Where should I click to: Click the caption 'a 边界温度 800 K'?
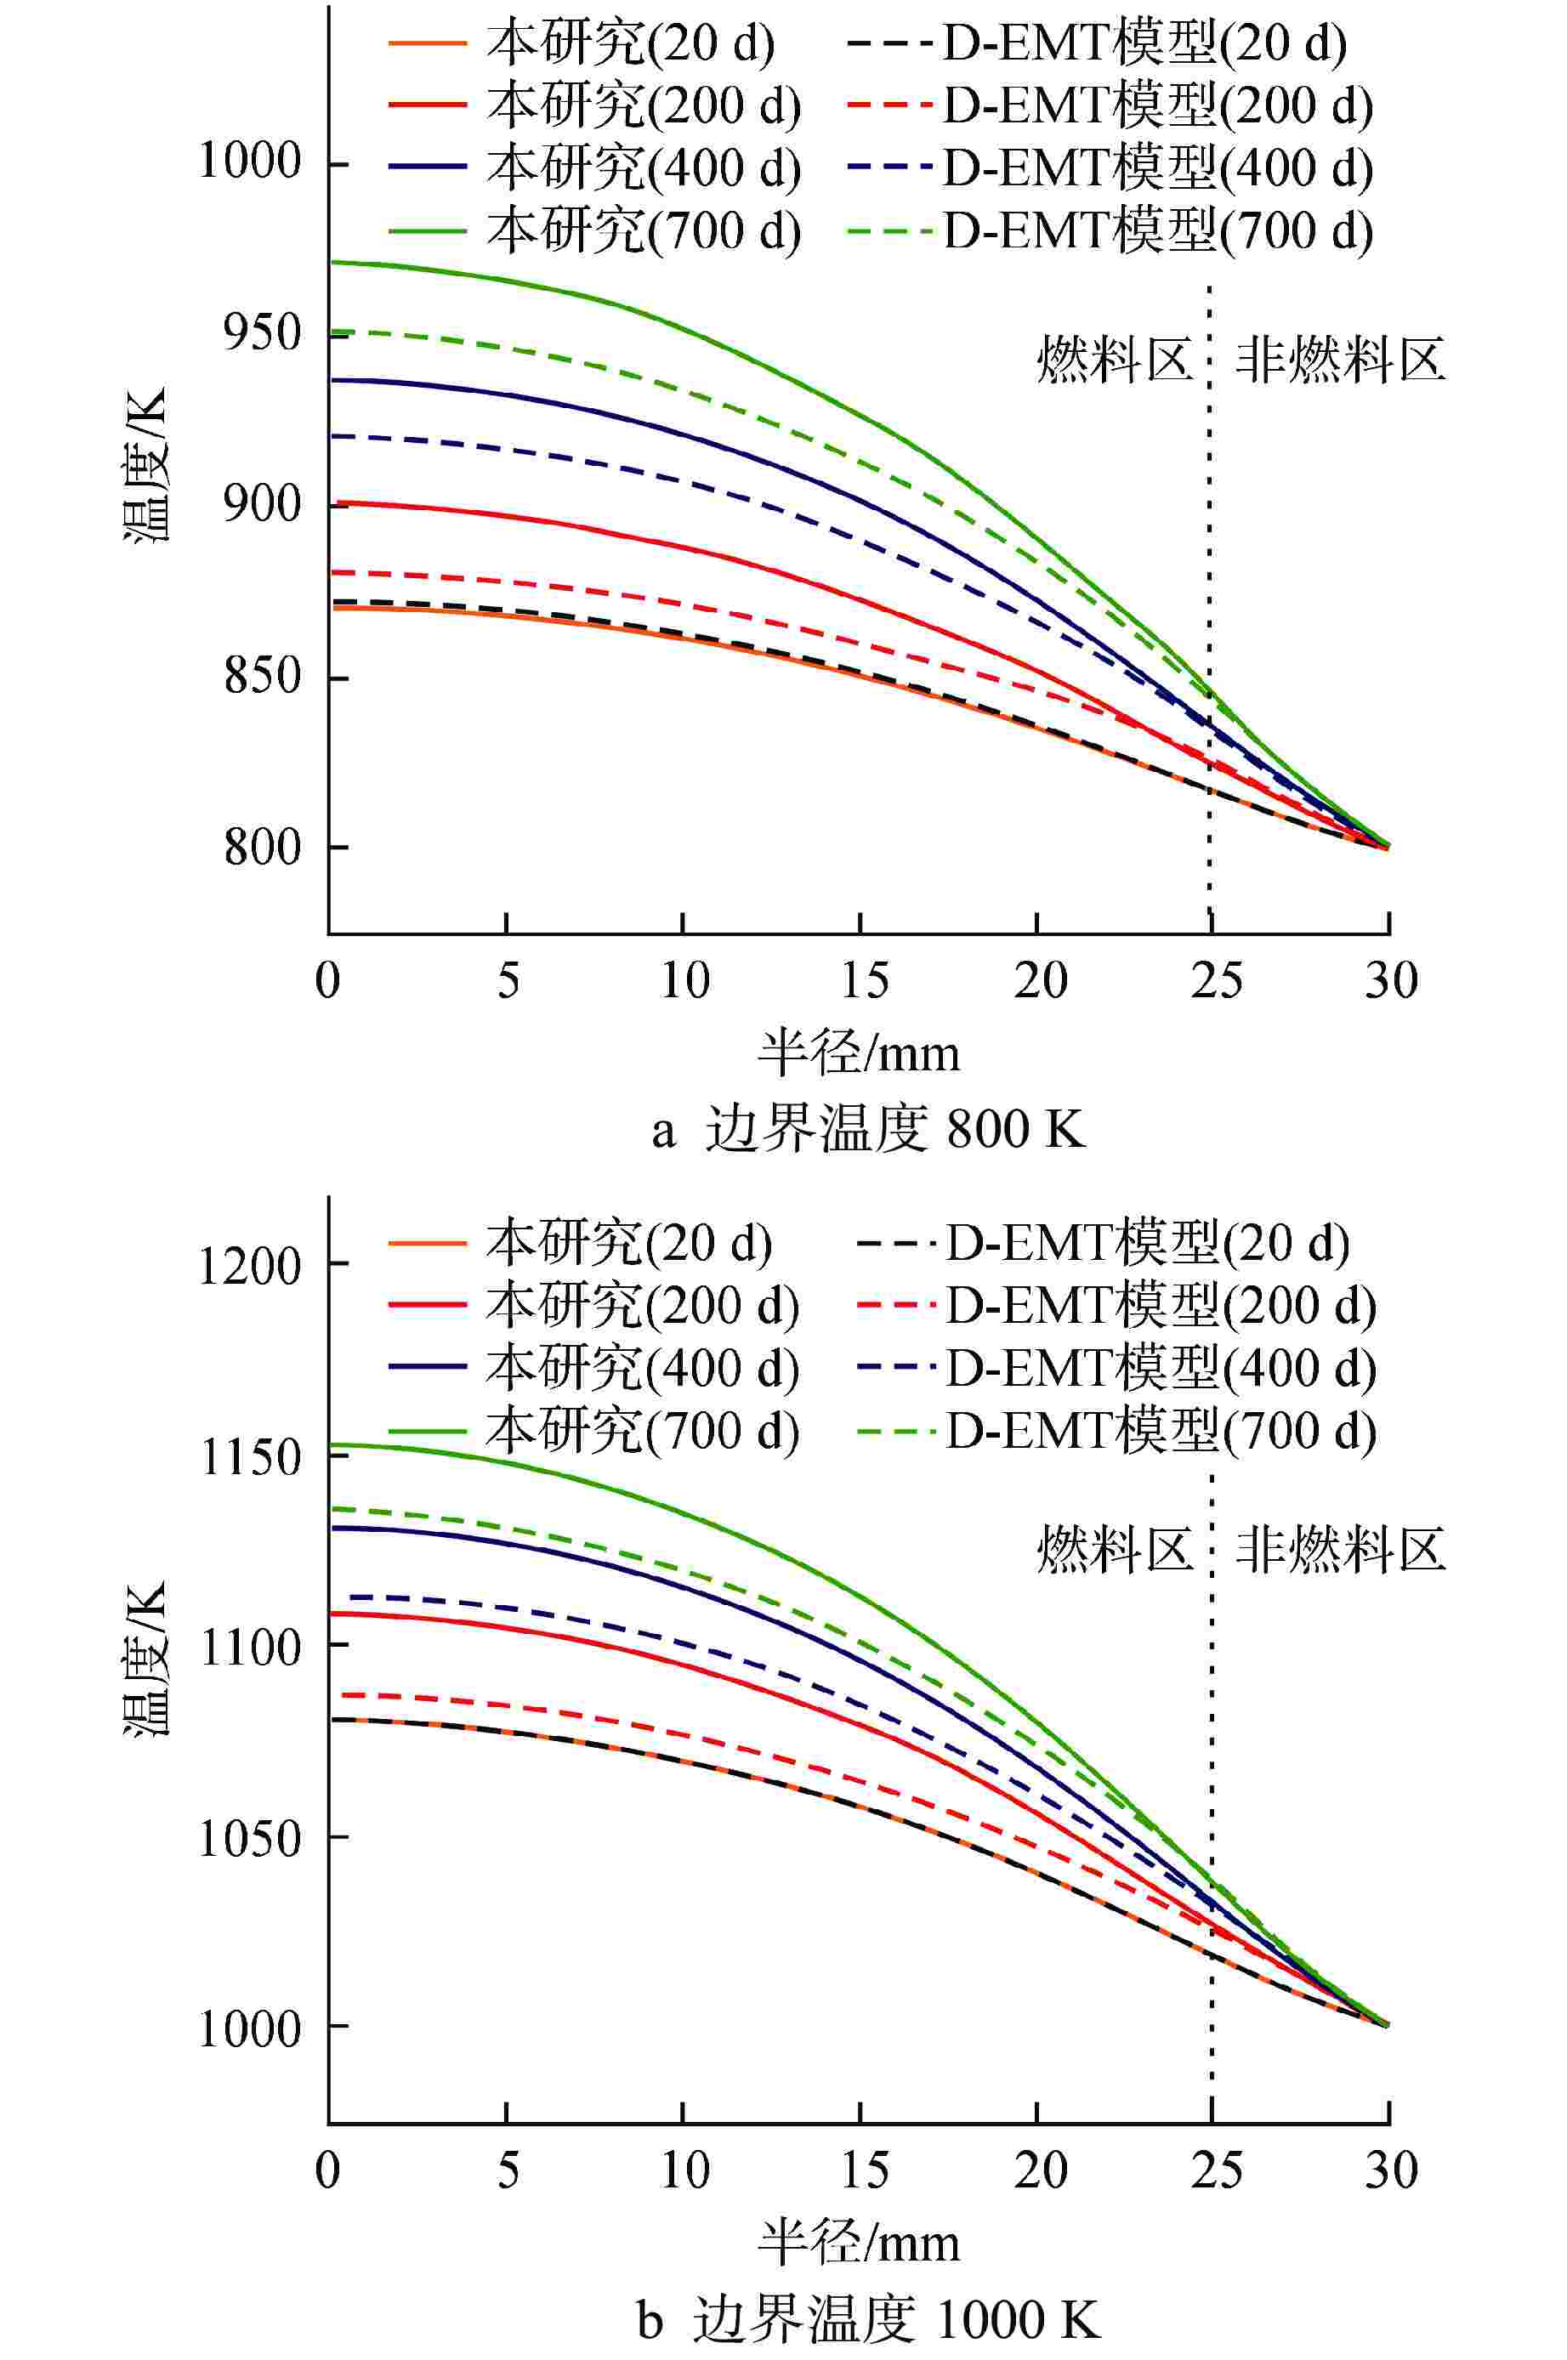click(867, 1130)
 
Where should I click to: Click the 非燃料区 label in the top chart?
click(1340, 360)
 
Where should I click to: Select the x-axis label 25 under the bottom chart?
click(1216, 2170)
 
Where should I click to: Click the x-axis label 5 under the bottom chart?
click(508, 2170)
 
